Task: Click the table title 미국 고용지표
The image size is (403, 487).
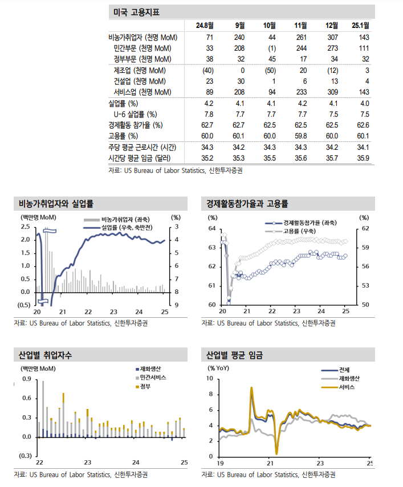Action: pyautogui.click(x=136, y=11)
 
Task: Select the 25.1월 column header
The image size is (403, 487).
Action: pyautogui.click(x=360, y=26)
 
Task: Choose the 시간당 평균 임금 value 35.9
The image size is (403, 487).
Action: pyautogui.click(x=363, y=158)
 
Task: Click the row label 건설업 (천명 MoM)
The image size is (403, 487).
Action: pyautogui.click(x=140, y=81)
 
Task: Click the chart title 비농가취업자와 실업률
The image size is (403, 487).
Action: pyautogui.click(x=56, y=203)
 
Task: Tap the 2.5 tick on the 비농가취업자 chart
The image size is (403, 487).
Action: pyautogui.click(x=25, y=227)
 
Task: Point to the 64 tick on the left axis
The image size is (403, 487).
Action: pyautogui.click(x=211, y=228)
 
